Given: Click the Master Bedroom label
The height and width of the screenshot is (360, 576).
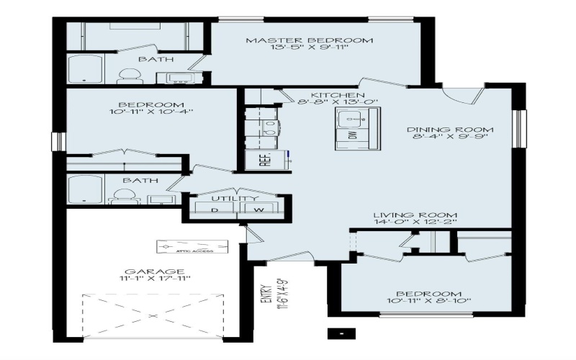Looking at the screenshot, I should click(x=310, y=40).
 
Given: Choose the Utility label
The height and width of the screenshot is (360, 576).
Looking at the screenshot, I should click(x=235, y=199).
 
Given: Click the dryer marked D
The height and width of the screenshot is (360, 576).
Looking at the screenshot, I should click(x=215, y=209).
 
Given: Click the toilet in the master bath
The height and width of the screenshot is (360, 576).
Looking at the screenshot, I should click(x=129, y=74).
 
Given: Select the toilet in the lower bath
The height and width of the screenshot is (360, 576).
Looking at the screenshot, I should click(x=125, y=196).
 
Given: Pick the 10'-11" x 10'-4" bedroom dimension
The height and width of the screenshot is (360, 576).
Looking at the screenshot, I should click(x=151, y=112).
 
